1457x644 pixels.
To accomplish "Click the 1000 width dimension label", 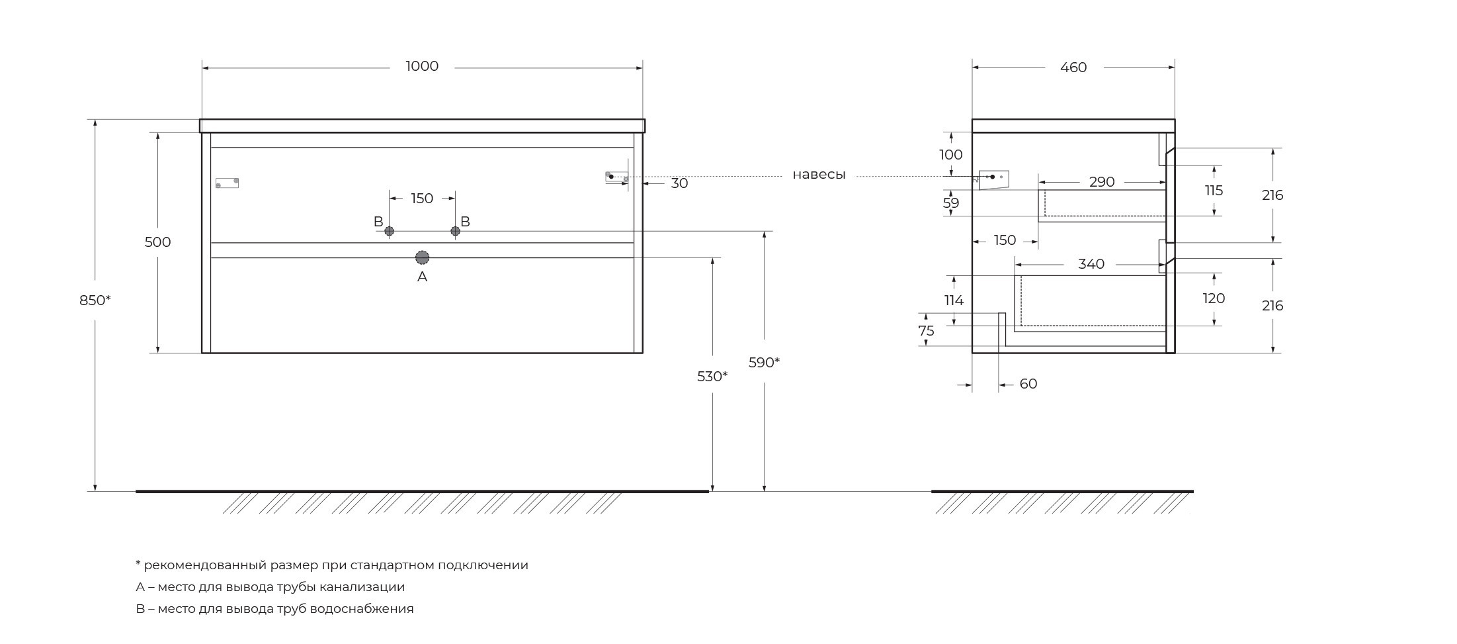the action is click(x=422, y=66).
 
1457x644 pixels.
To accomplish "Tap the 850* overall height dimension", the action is click(x=95, y=300).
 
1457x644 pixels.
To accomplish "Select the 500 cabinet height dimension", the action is click(x=157, y=242).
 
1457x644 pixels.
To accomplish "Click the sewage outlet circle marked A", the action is click(x=422, y=257).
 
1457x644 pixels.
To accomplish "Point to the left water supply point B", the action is click(x=390, y=231).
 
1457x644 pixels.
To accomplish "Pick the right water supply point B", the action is click(x=455, y=230).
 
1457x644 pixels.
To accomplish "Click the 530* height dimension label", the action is click(x=712, y=377).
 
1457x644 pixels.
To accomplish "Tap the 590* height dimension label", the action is click(x=764, y=363).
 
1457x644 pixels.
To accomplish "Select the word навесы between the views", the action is click(x=819, y=175).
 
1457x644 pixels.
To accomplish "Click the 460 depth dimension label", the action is click(x=1073, y=68).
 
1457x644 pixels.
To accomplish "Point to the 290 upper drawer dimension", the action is click(x=1102, y=182).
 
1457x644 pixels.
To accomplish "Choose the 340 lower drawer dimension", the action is click(x=1091, y=264).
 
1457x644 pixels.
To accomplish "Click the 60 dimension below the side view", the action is click(x=1028, y=384).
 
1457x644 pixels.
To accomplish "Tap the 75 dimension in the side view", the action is click(x=926, y=331).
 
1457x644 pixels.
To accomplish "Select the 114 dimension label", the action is click(x=954, y=300).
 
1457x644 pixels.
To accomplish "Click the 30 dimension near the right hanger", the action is click(x=679, y=183).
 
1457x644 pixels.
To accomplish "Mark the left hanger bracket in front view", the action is click(x=227, y=183).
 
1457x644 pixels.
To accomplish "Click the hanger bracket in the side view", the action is click(x=993, y=179).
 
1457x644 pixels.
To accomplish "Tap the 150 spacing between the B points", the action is click(x=422, y=199).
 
